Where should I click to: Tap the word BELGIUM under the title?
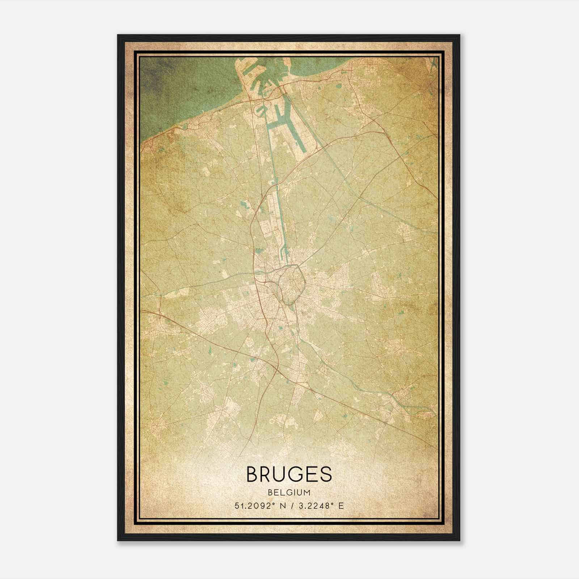click(289, 492)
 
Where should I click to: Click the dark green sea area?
click(170, 90)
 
